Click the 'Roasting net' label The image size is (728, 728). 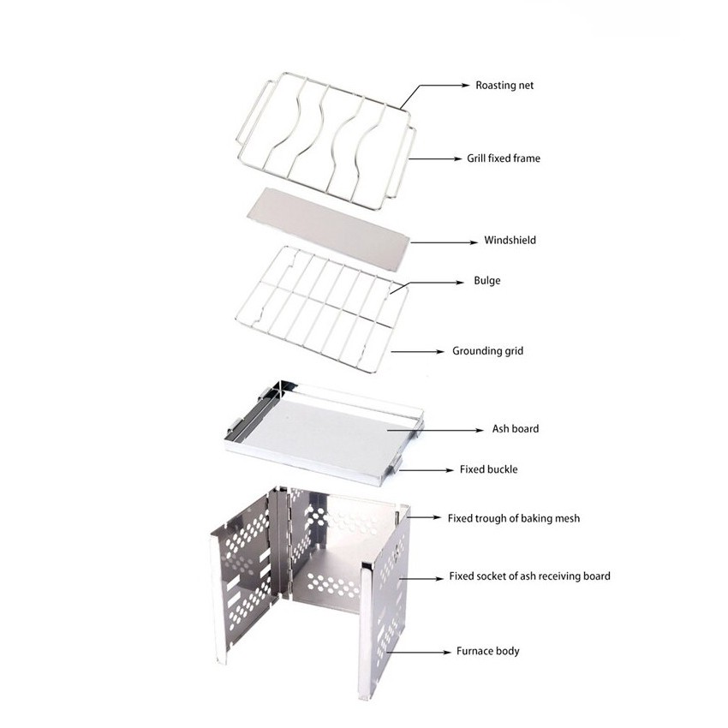pyautogui.click(x=504, y=86)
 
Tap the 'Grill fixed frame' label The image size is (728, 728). pyautogui.click(x=504, y=158)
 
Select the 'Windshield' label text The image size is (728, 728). pyautogui.click(x=510, y=240)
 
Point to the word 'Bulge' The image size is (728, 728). pyautogui.click(x=487, y=280)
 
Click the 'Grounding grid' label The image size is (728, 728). pyautogui.click(x=487, y=351)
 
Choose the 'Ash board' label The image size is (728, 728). pyautogui.click(x=516, y=428)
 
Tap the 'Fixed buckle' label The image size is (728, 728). pyautogui.click(x=488, y=469)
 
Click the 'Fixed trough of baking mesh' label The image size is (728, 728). pyautogui.click(x=514, y=518)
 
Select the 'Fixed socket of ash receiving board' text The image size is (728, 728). pyautogui.click(x=530, y=576)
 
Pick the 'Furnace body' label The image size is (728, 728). pyautogui.click(x=487, y=651)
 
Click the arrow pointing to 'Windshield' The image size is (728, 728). pyautogui.click(x=444, y=242)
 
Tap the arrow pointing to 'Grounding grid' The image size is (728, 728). pyautogui.click(x=417, y=352)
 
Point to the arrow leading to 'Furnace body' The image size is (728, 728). pyautogui.click(x=418, y=652)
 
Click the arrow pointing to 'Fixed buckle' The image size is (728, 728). pyautogui.click(x=426, y=470)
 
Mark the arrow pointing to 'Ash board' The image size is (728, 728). pyautogui.click(x=435, y=431)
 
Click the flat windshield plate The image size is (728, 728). pyautogui.click(x=328, y=223)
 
